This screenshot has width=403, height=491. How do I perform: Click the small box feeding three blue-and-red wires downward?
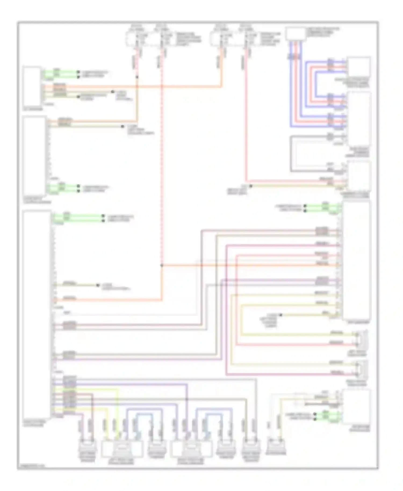pyautogui.click(x=295, y=34)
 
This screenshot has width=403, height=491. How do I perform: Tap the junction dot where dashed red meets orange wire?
pyautogui.click(x=162, y=265)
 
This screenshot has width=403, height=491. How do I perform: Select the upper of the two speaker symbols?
pyautogui.click(x=362, y=340)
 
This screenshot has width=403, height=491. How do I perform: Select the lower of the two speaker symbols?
pyautogui.click(x=362, y=369)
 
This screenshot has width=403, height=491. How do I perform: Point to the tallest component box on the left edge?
pyautogui.click(x=37, y=314)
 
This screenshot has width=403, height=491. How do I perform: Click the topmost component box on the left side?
pyautogui.click(x=32, y=86)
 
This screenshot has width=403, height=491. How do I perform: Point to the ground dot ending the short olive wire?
pyautogui.click(x=98, y=285)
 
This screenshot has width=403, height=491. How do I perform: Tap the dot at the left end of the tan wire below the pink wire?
pyautogui.click(x=251, y=186)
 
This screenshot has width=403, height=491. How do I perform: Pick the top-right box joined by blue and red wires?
pyautogui.click(x=359, y=67)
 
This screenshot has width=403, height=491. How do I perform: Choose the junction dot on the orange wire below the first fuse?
pyautogui.click(x=137, y=77)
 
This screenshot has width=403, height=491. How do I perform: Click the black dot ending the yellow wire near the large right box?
pyautogui.click(x=281, y=315)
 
